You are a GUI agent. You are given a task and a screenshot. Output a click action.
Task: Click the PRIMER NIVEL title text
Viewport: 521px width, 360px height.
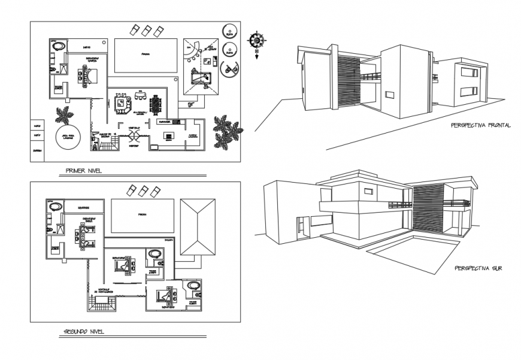(x=84, y=170)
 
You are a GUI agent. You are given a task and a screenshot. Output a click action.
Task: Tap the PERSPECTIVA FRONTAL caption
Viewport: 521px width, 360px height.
(x=481, y=126)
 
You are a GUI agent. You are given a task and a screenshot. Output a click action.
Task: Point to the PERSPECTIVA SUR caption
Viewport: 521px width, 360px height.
(x=478, y=268)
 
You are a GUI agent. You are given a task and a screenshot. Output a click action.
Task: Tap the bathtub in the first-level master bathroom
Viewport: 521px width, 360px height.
(x=58, y=46)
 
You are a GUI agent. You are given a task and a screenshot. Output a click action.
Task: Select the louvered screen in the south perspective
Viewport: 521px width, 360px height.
(x=426, y=207)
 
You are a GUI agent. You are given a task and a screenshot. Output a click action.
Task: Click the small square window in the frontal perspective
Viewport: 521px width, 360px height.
(x=390, y=95)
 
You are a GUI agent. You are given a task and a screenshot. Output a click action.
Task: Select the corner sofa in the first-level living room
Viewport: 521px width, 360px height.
(x=123, y=105)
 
